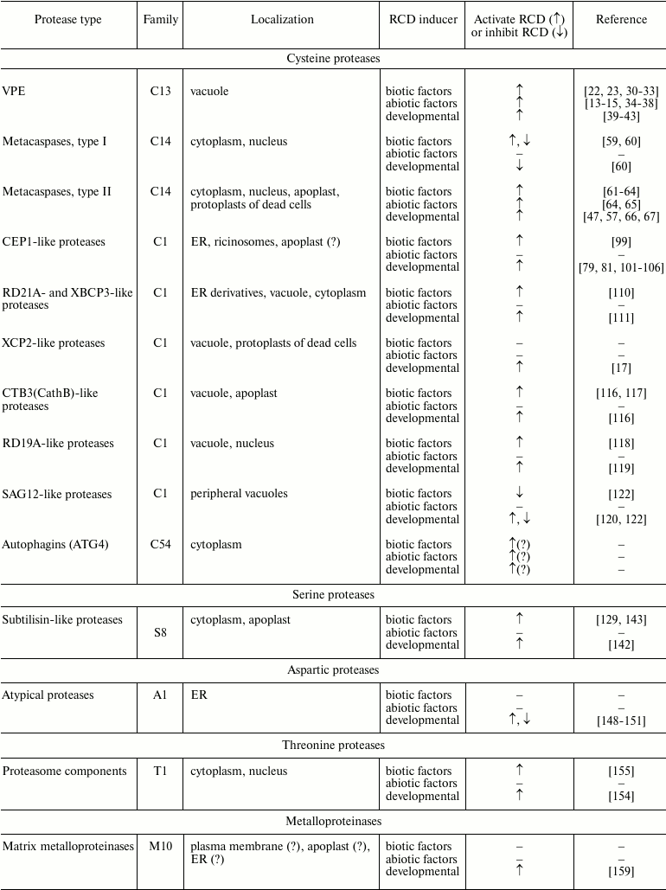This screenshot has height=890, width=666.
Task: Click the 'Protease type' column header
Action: tap(67, 19)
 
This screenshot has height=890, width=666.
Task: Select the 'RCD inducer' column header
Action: tap(421, 19)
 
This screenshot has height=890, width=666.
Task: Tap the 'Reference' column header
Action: tap(621, 19)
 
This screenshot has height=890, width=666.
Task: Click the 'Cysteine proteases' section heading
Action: tap(333, 59)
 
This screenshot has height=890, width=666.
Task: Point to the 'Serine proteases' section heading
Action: tap(333, 594)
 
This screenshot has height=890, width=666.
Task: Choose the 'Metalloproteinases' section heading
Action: tap(333, 821)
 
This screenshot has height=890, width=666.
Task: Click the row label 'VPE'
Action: tap(14, 91)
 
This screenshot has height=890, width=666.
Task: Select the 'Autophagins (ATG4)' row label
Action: tap(54, 545)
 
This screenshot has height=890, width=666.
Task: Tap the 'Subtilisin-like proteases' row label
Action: tap(62, 620)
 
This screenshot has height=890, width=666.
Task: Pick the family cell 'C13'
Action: tap(160, 91)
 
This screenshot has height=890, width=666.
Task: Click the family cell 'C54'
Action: tap(160, 545)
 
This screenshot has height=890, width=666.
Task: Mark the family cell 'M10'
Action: tap(160, 847)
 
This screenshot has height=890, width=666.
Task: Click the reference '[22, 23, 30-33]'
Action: tap(621, 91)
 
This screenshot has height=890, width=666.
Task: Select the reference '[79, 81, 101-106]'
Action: tap(621, 267)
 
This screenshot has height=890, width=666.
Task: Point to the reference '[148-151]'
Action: tap(621, 720)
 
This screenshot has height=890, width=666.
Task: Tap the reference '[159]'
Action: tap(621, 872)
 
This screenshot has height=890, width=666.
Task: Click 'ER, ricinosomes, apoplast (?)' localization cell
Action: tap(266, 242)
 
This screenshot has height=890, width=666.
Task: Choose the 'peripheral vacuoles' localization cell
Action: tap(239, 494)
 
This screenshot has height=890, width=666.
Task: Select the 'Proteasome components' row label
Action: tap(65, 772)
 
